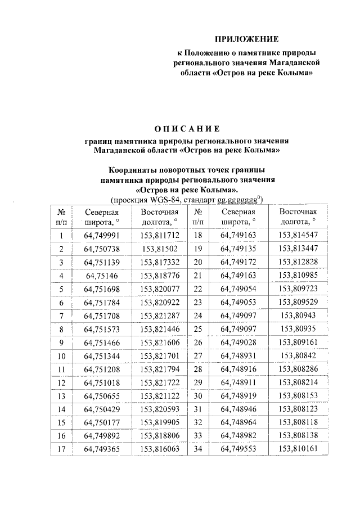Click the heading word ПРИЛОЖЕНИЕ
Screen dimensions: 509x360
(247, 39)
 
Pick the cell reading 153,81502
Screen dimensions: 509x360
(160, 248)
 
